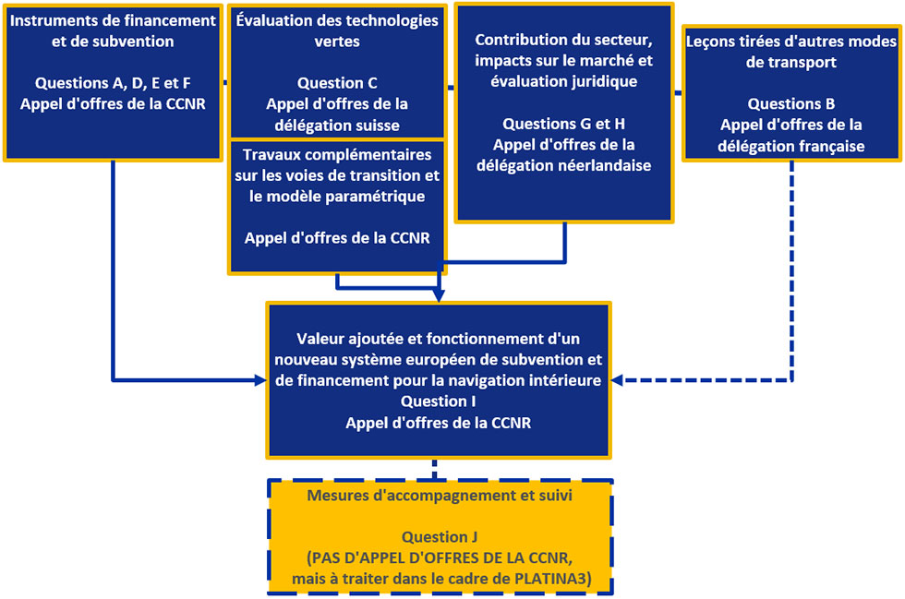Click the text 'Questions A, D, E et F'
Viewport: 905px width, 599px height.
113,83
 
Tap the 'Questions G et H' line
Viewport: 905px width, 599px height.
563,124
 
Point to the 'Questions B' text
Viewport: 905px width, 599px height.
791,104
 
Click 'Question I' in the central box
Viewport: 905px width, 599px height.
439,401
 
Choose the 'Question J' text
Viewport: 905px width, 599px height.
439,537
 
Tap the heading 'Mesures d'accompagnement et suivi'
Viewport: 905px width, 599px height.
440,496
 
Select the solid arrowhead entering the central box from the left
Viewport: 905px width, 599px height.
259,378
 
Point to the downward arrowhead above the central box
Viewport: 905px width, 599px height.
439,295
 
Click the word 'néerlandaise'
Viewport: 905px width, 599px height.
608,166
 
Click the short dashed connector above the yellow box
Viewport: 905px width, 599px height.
434,468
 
